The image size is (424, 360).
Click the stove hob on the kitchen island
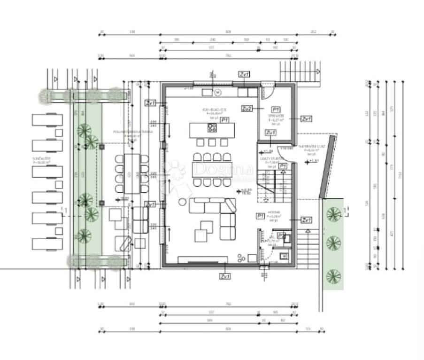(212, 128)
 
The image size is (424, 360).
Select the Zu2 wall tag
(247, 109)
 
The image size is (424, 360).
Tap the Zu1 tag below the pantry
(270, 133)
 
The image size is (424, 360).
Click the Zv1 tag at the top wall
(244, 74)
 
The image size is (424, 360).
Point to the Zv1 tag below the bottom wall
(225, 276)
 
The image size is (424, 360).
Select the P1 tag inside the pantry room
(276, 109)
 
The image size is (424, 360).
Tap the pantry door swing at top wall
(267, 94)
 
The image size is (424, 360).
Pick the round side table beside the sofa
(181, 202)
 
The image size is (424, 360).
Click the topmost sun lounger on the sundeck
(47, 119)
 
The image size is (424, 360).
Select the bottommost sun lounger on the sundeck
(47, 244)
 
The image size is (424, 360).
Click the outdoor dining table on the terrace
(132, 172)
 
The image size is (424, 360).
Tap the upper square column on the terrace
(101, 147)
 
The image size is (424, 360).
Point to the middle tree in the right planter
(333, 243)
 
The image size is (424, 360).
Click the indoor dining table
(212, 169)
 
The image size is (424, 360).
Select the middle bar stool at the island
(212, 142)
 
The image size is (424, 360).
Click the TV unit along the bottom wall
(203, 259)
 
